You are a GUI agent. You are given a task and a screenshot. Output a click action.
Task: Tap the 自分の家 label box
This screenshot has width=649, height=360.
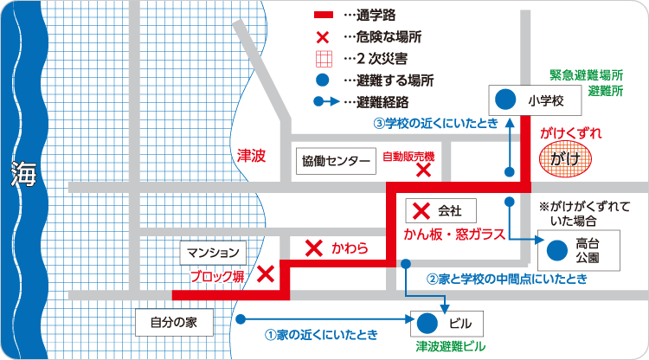(174, 323)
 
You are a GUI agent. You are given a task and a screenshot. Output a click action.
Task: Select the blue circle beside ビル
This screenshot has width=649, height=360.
(426, 324)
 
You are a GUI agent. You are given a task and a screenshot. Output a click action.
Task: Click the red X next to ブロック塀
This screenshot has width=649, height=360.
(266, 274)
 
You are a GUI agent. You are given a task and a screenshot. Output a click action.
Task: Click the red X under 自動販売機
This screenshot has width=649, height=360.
(424, 171)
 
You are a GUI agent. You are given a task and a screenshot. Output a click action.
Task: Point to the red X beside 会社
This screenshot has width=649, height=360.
(421, 210)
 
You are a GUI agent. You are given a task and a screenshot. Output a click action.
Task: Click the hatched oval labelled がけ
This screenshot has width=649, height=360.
(565, 159)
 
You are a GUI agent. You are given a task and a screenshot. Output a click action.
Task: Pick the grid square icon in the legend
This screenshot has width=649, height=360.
(324, 60)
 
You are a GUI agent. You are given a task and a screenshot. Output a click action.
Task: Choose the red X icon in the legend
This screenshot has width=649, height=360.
(324, 38)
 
